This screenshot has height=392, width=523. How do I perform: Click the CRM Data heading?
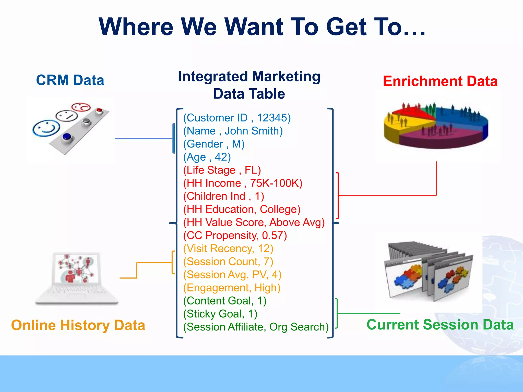point(70,80)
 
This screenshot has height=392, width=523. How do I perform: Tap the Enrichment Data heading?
point(440,81)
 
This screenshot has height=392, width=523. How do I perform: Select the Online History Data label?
point(78,325)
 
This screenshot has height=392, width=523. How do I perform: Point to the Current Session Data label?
point(440,325)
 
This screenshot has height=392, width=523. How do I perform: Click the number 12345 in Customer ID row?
point(272,118)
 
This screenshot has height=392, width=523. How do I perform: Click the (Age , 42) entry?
point(207,157)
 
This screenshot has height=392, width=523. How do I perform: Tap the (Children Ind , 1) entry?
point(223,196)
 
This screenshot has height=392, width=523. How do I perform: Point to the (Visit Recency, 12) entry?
point(228,249)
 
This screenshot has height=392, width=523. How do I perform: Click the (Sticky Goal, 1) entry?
point(220,314)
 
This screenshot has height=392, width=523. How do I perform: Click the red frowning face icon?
point(81,107)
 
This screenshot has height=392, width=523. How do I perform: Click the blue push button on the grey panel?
point(67,137)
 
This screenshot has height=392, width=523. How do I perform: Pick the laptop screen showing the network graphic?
point(76,268)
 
